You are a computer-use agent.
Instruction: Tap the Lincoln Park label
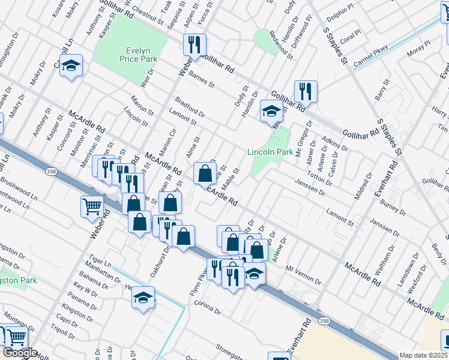[x=270, y=152]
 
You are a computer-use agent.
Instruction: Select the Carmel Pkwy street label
[x=371, y=54]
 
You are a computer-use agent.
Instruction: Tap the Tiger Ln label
[x=100, y=264]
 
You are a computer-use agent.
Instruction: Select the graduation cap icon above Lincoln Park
[x=271, y=112]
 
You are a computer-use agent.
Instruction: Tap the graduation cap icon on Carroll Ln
[x=71, y=65]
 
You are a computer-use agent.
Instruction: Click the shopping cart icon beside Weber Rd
[x=92, y=207]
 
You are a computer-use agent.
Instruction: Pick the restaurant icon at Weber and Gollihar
[x=194, y=44]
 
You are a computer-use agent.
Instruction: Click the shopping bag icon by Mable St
[x=205, y=173]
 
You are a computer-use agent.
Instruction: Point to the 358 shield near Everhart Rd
[x=324, y=322]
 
